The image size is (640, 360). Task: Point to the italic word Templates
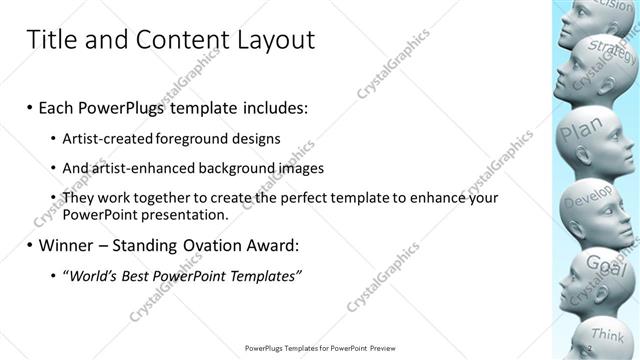click(262, 275)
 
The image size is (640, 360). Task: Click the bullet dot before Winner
click(29, 245)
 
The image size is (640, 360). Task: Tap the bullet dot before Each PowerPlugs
click(29, 107)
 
